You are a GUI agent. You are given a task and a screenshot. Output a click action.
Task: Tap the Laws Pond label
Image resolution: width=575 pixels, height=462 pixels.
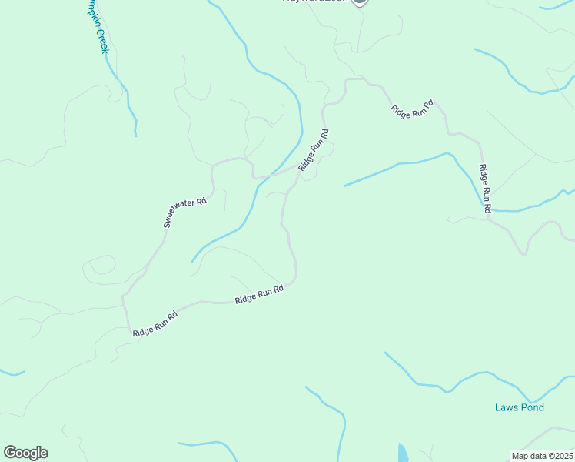point(519,407)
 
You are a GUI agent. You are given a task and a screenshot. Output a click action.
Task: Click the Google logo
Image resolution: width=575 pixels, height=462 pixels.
point(25,453)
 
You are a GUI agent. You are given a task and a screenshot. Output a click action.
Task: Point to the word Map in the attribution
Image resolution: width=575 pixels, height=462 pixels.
point(520,456)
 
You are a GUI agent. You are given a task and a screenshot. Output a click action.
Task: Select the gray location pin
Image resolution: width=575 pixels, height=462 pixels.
point(360,2)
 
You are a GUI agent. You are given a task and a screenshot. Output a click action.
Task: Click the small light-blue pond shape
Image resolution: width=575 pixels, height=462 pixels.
point(403,454)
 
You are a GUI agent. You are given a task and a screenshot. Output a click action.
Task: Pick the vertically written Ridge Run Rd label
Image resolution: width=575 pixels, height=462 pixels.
point(484,189)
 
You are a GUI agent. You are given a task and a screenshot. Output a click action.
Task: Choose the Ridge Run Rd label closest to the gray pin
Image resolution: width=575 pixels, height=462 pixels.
point(412,109)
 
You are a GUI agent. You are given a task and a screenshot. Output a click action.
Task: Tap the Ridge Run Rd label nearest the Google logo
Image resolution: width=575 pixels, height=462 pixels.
point(155,323)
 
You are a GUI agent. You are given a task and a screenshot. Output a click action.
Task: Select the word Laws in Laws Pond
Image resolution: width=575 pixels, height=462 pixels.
point(505,407)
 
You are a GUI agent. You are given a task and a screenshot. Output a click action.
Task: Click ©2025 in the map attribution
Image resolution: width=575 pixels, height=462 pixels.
point(560,456)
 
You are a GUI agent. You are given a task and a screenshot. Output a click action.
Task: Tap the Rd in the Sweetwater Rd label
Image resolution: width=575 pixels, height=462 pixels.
point(201,202)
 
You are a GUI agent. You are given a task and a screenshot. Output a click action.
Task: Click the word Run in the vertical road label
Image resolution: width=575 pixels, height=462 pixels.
point(484,189)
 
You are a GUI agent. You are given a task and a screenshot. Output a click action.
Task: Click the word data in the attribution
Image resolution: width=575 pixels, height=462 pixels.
point(540,456)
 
